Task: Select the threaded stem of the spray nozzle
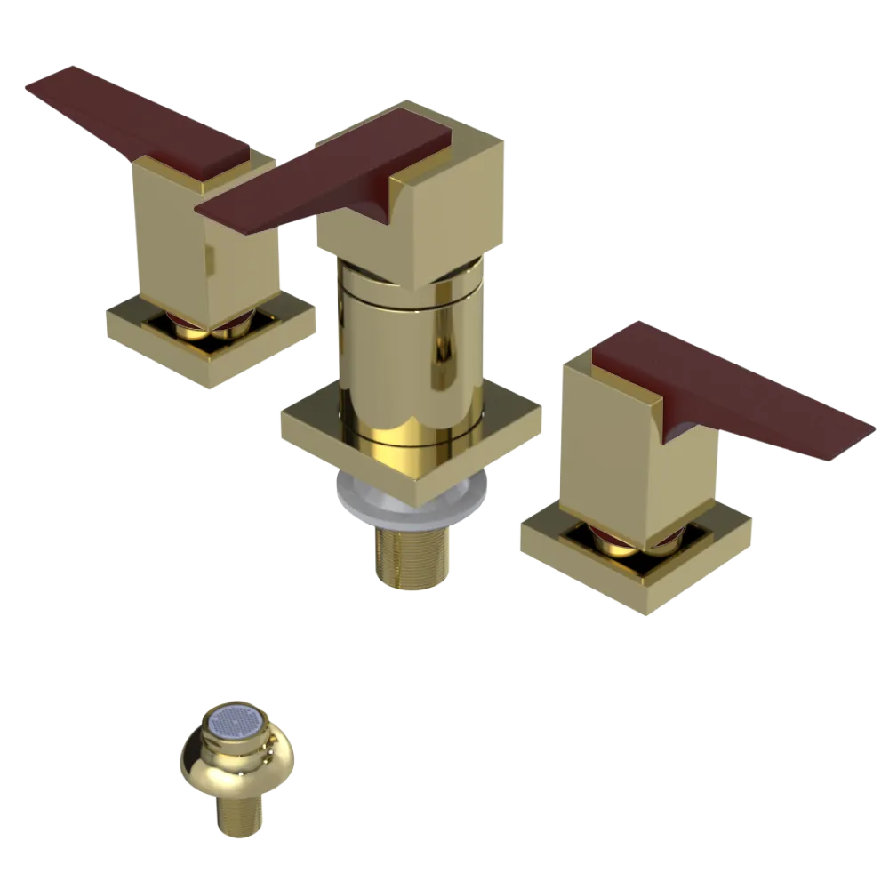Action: pyautogui.click(x=237, y=813)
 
